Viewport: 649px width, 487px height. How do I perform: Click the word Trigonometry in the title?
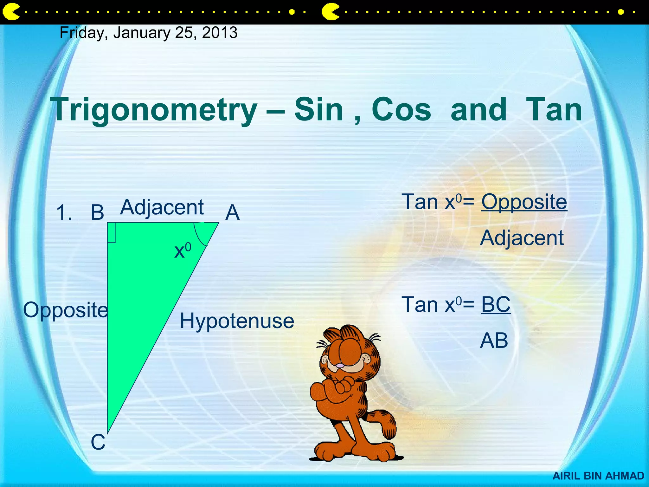155,109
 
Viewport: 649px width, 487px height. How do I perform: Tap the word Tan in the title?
554,109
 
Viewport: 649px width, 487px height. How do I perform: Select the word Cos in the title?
401,109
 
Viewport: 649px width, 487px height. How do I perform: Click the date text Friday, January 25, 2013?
148,33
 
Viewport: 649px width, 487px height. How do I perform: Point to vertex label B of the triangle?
97,212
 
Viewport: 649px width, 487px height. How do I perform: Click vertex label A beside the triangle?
232,212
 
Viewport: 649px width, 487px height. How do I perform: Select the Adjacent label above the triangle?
162,208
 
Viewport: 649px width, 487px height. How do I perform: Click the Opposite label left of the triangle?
66,310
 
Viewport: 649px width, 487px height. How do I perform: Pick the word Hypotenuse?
237,321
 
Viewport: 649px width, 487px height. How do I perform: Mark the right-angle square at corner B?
111,233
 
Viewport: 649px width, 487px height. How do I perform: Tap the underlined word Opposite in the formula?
524,202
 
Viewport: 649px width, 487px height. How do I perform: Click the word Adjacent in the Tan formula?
522,238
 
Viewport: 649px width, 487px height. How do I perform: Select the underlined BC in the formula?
496,304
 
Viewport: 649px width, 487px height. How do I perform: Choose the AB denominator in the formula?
494,341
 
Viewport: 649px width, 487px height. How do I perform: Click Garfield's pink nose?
340,366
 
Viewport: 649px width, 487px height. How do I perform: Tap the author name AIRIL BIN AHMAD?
598,476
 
